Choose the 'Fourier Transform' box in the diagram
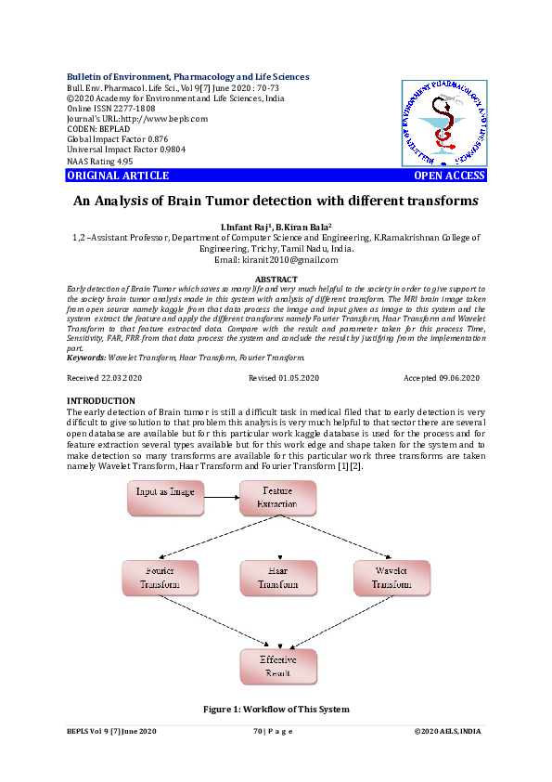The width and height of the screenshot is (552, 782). pyautogui.click(x=160, y=577)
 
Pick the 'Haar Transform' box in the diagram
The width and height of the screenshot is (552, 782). pyautogui.click(x=277, y=578)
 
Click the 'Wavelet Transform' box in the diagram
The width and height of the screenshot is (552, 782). pyautogui.click(x=392, y=577)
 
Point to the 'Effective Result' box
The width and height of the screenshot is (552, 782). pyautogui.click(x=277, y=667)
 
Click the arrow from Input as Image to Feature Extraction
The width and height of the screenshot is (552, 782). pyautogui.click(x=220, y=497)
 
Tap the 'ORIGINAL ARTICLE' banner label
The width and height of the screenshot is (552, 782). pyautogui.click(x=118, y=176)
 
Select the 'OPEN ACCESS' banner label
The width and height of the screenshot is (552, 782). pyautogui.click(x=449, y=176)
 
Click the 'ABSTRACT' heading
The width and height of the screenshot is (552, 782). pyautogui.click(x=276, y=280)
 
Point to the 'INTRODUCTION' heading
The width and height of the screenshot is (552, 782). pyautogui.click(x=101, y=401)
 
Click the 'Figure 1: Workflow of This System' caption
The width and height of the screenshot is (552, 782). pyautogui.click(x=276, y=710)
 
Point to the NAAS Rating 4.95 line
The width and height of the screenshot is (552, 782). pyautogui.click(x=94, y=161)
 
